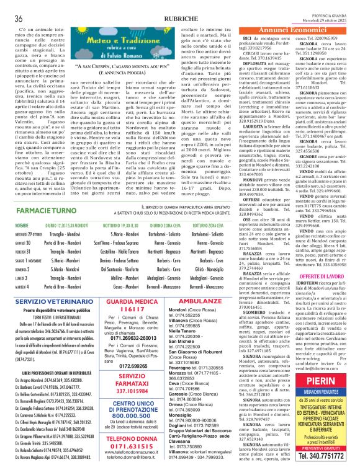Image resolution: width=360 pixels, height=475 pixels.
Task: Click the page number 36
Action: coord(19,19)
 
